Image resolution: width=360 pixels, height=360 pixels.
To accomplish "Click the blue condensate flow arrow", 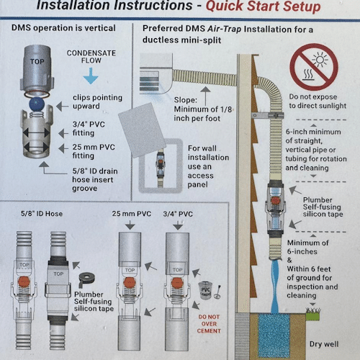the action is pos(91,76).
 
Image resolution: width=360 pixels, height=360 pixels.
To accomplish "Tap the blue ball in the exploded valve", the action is pos(37,104).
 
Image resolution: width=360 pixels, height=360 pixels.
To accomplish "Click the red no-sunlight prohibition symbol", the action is pos(313,67).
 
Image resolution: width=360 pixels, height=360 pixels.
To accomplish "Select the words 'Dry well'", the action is pos(324,344).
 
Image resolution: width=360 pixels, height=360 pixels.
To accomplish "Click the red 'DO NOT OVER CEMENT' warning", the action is pos(209,324).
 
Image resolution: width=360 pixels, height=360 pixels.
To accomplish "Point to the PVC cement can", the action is pos(205,290).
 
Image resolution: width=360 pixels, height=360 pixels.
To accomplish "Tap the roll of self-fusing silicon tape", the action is pos(86,280).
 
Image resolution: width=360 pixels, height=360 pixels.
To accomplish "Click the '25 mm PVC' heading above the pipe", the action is pos(132,214).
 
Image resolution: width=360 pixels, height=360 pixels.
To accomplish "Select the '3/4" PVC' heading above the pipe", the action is pos(178,214).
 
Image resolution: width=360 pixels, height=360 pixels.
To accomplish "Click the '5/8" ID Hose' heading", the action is pos(42,214).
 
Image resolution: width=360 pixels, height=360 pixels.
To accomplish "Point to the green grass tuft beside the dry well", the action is pos(312,314).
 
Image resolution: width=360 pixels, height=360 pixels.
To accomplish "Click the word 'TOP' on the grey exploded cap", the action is pos(37,62).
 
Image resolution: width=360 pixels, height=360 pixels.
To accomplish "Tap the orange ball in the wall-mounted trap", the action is pos(276,200).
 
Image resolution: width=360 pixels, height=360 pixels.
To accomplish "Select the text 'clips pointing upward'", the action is pos(97,102).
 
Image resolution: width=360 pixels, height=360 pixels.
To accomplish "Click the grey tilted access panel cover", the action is pos(143,130).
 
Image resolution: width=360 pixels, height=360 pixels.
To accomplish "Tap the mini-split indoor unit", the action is pos(156,73).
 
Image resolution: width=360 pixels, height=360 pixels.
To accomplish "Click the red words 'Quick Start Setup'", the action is pos(264,6).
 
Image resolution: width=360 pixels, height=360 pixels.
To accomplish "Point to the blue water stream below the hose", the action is pos(276,287).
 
